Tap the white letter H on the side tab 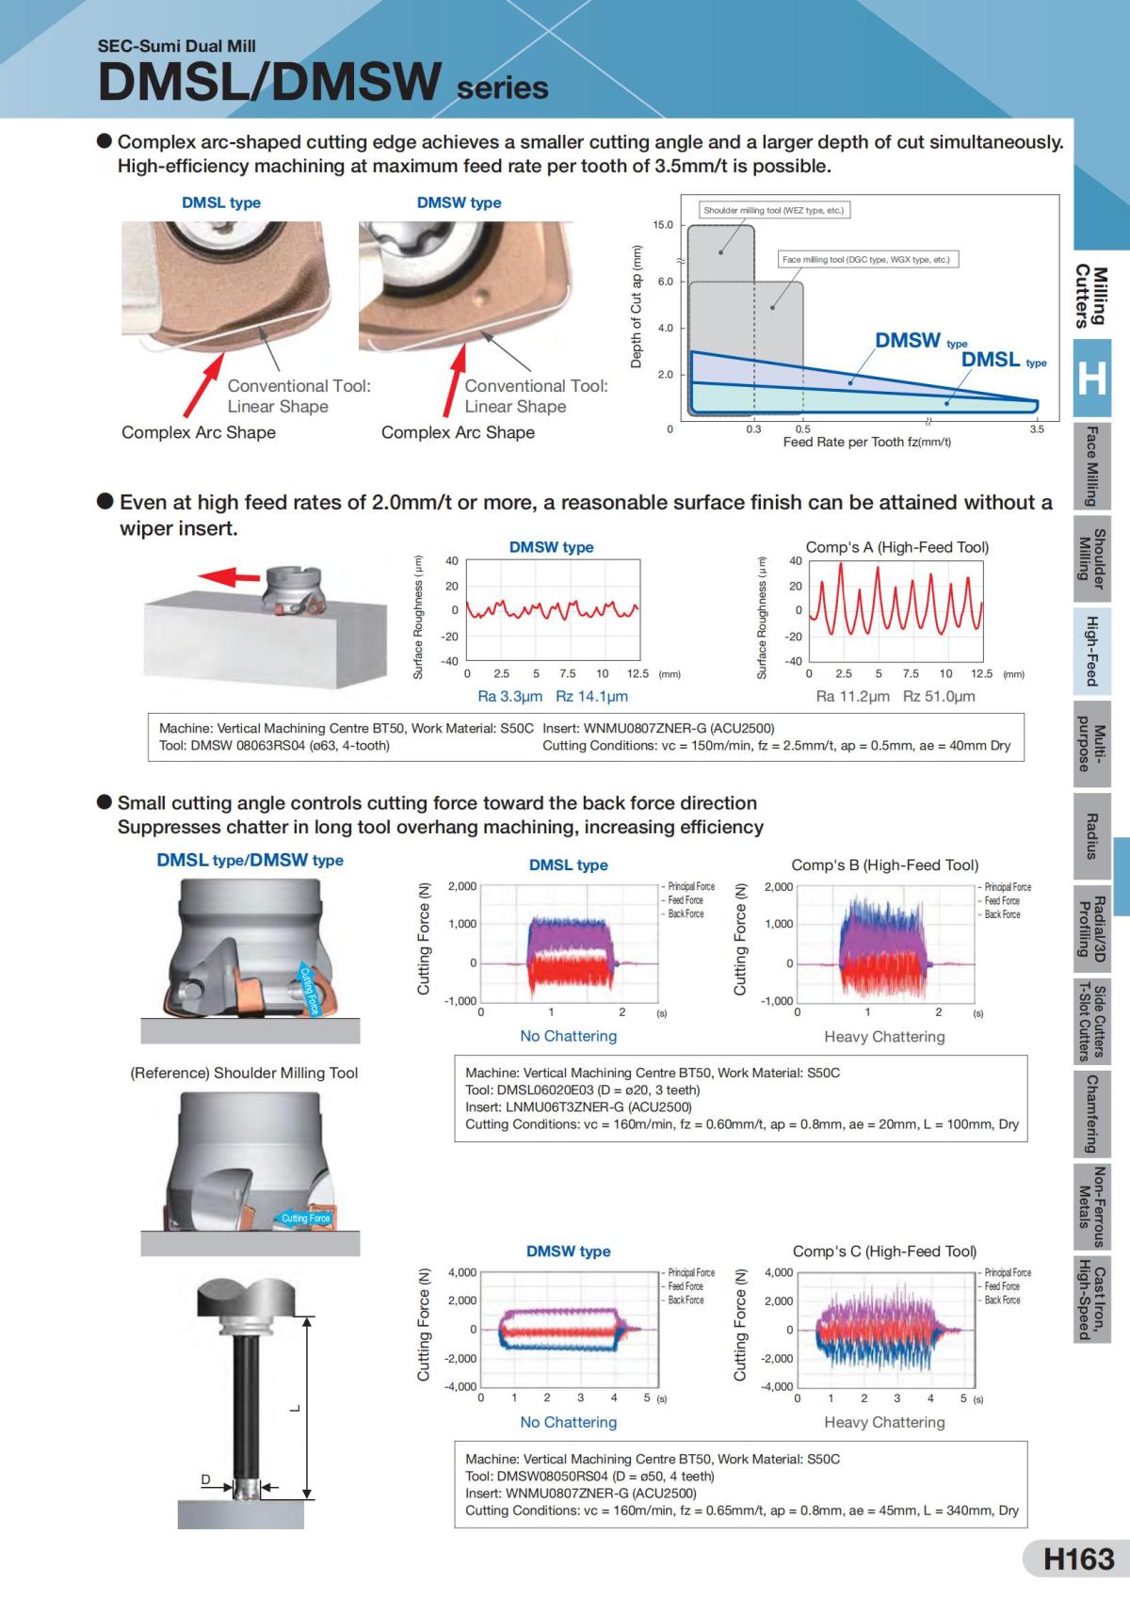click(x=1091, y=379)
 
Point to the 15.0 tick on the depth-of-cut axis click(x=663, y=225)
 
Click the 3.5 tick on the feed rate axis click(x=1037, y=429)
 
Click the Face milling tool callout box click(x=866, y=259)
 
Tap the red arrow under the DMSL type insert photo click(x=202, y=382)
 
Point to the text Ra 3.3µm click(x=509, y=697)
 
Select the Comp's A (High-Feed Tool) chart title click(x=896, y=547)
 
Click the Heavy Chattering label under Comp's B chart click(x=884, y=1037)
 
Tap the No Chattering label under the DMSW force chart click(x=568, y=1422)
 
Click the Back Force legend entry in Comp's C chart click(x=1004, y=1300)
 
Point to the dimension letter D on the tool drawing click(x=205, y=1479)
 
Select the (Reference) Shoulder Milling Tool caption click(x=244, y=1073)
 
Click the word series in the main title click(x=502, y=89)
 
